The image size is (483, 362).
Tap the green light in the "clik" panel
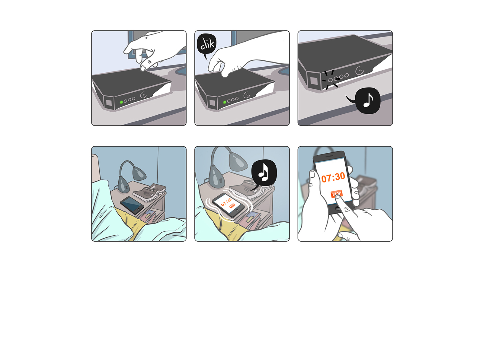pyautogui.click(x=225, y=102)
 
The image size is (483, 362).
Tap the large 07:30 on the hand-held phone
pyautogui.click(x=333, y=177)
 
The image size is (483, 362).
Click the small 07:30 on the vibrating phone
pyautogui.click(x=226, y=202)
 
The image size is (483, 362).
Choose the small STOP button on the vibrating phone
pyautogui.click(x=232, y=205)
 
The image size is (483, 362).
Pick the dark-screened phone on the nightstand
pyautogui.click(x=132, y=205)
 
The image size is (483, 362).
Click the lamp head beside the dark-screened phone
pyautogui.click(x=139, y=173)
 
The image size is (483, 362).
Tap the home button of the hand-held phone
pyautogui.click(x=337, y=208)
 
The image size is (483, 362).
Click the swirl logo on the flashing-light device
pyautogui.click(x=359, y=70)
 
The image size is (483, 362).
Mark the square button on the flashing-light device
pyautogui.click(x=314, y=81)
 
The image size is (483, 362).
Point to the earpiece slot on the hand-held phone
pyautogui.click(x=329, y=156)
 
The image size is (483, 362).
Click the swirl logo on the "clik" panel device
pyautogui.click(x=247, y=95)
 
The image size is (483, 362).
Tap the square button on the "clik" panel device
pyautogui.click(x=212, y=103)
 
